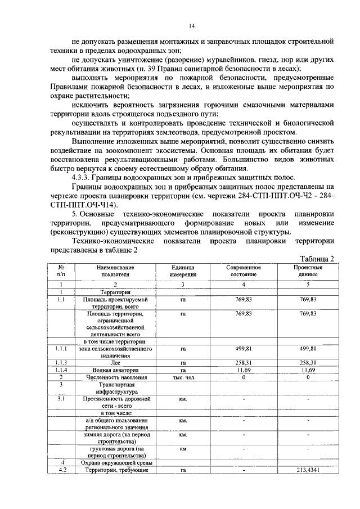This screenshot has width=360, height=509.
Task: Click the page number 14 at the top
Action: click(191, 25)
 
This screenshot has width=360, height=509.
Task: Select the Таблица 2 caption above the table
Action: click(317, 258)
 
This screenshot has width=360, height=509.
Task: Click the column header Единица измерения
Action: click(183, 271)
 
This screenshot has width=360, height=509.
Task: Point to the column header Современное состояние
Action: click(244, 271)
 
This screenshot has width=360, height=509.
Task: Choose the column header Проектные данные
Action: click(308, 271)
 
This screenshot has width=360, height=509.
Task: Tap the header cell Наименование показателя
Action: click(115, 271)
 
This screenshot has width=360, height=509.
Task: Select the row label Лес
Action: click(115, 363)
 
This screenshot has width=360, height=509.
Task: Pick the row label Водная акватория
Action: click(115, 370)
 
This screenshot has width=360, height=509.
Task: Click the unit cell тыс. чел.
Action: click(183, 377)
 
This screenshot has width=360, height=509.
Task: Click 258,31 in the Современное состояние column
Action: click(244, 363)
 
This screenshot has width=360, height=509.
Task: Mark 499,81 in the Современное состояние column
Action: click(244, 349)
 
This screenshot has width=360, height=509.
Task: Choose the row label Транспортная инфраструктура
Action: click(115, 388)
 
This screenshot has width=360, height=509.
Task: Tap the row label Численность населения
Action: click(115, 377)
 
